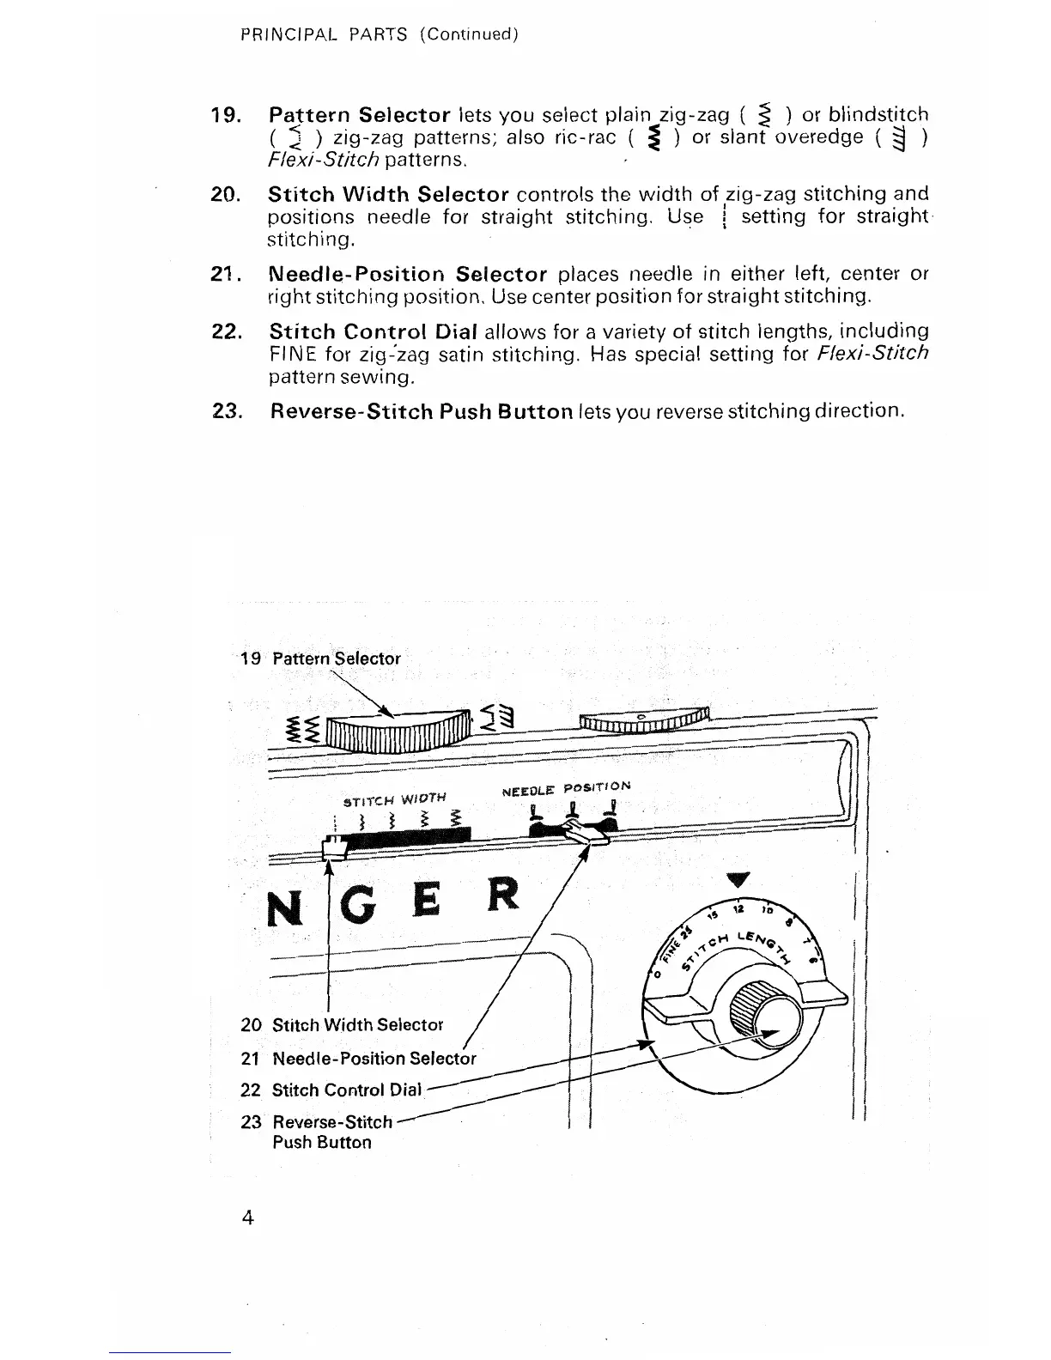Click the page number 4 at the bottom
point(247,1218)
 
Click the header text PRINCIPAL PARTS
point(324,35)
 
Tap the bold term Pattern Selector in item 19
point(360,115)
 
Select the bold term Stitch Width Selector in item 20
point(389,194)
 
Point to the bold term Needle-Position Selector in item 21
point(408,275)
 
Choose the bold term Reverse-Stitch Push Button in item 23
point(422,411)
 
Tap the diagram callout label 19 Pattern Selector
point(320,659)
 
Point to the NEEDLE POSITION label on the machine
point(566,786)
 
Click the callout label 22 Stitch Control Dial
point(347,1090)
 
